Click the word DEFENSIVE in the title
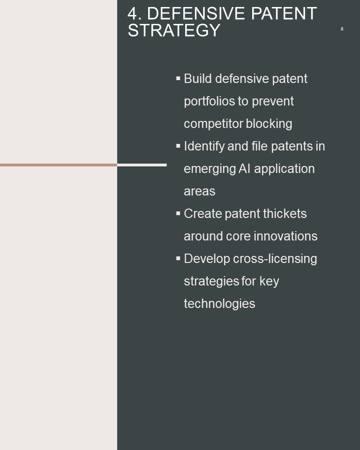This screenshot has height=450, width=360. click(196, 14)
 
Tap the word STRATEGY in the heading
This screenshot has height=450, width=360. click(174, 30)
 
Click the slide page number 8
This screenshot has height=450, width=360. click(342, 29)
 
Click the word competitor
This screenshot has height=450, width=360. click(213, 124)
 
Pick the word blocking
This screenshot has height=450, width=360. click(269, 124)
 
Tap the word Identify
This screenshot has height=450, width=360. click(204, 146)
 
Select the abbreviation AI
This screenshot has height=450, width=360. click(244, 169)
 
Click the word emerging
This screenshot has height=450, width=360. click(210, 169)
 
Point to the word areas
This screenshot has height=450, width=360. click(200, 191)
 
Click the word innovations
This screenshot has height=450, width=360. click(285, 236)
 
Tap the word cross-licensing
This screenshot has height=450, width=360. click(275, 259)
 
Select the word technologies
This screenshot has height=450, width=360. click(219, 304)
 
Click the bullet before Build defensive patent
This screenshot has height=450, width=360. click(178, 78)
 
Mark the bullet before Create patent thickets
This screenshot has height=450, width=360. click(178, 213)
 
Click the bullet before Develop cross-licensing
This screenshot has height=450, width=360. click(178, 258)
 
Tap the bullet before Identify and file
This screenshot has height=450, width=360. click(178, 146)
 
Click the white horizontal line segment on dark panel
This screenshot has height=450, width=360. click(142, 165)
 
